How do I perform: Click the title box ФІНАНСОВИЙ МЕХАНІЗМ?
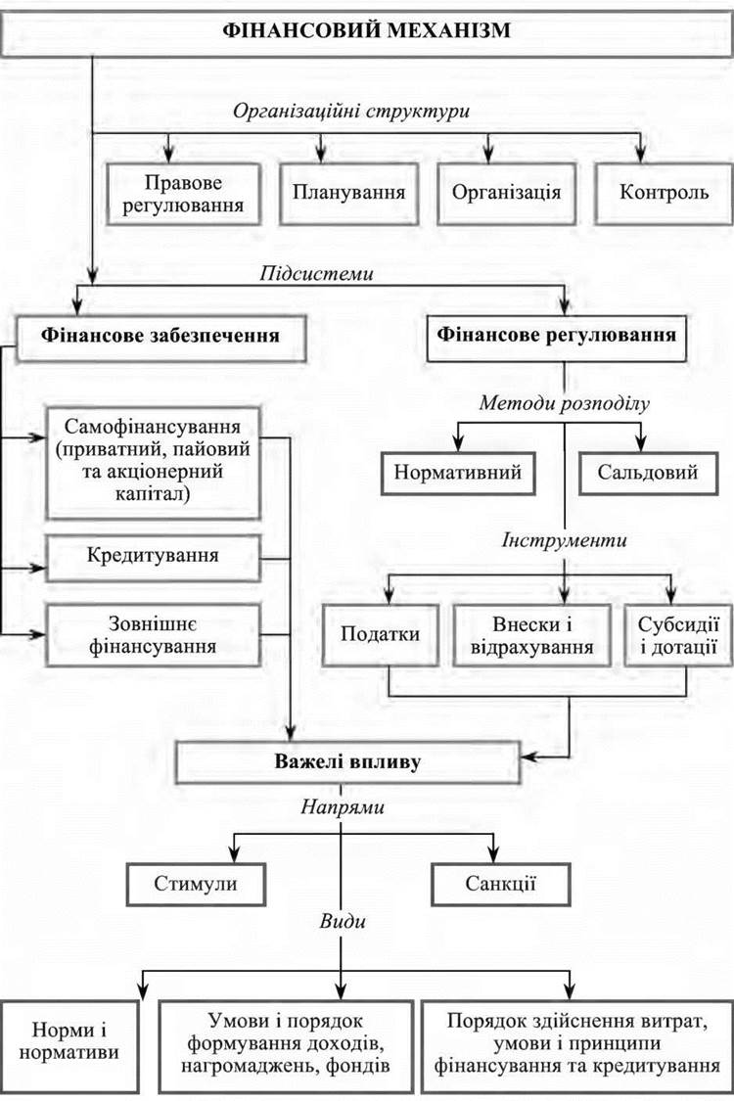(x=366, y=29)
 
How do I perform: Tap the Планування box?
(x=348, y=192)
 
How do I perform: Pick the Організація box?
(x=506, y=192)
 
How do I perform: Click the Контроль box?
(x=664, y=192)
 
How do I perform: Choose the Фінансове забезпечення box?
(x=161, y=335)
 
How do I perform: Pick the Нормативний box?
(x=458, y=473)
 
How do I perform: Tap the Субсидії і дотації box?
(x=671, y=633)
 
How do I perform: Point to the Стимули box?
(x=196, y=886)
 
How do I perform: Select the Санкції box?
(x=498, y=886)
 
